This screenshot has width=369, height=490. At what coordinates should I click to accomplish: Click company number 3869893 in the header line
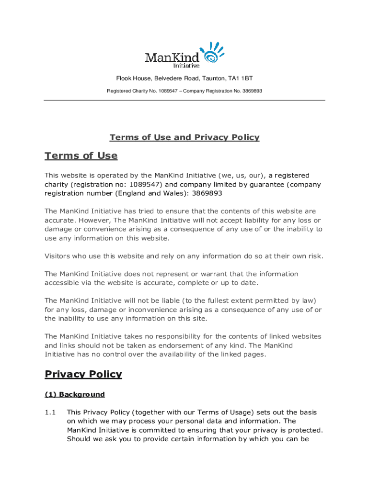click(252, 91)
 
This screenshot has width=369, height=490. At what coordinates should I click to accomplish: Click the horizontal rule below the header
click(184, 100)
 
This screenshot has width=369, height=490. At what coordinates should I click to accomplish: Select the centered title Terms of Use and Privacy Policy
click(184, 137)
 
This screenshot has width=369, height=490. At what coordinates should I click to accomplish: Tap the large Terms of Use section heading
click(81, 156)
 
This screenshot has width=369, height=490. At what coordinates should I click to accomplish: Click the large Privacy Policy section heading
click(83, 374)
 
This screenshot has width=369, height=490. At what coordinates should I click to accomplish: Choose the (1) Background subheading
click(74, 394)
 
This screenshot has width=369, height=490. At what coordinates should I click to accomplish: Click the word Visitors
click(59, 256)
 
